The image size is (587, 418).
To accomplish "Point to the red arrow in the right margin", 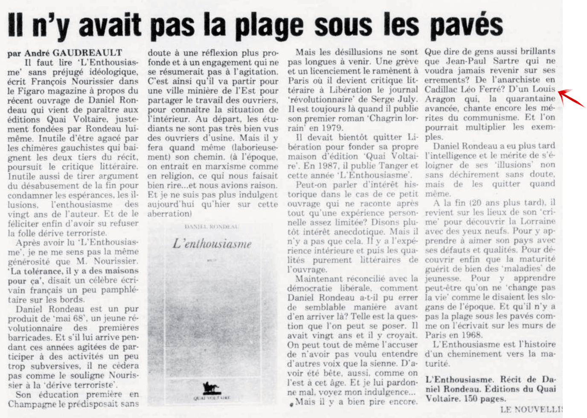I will (x=571, y=97).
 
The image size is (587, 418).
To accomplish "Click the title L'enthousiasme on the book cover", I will (x=212, y=244).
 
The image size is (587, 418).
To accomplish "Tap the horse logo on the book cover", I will (x=211, y=388).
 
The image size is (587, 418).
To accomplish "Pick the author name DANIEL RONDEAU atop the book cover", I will (x=212, y=226).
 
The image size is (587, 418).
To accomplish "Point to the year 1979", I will (x=331, y=128).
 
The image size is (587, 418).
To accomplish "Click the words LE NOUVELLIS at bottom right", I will (x=532, y=409).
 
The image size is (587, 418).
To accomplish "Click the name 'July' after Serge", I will (x=407, y=99).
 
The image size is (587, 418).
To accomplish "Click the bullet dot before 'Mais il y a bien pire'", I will (x=291, y=403).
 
